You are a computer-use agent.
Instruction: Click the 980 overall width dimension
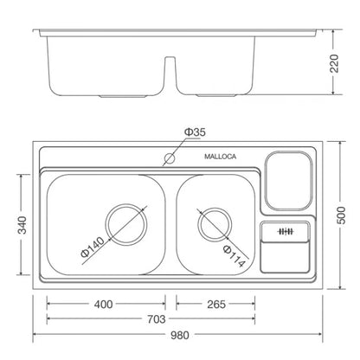pos(179,335)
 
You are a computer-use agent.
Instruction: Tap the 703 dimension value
pos(157,319)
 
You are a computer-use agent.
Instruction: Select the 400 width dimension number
pos(103,305)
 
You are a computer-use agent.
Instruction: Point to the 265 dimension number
pos(216,305)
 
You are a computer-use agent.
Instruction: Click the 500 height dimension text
pos(341,215)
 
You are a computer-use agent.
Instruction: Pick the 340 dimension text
pos(22,225)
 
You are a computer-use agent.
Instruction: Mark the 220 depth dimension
pos(334,63)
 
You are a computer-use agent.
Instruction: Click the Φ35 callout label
pos(195,132)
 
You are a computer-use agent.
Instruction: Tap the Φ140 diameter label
pos(93,247)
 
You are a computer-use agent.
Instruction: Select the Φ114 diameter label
pos(235,256)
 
